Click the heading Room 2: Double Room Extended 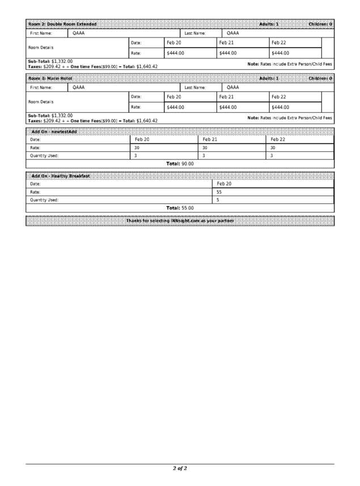62,24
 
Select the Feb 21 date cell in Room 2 226,43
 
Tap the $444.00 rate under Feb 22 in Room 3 280,107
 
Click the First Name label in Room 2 41,33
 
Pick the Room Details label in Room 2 41,48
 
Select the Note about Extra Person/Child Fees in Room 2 290,64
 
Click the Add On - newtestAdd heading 54,132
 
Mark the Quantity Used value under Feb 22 272,155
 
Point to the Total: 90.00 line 180,163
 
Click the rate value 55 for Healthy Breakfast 219,192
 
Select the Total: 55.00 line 180,208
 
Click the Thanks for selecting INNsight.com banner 180,221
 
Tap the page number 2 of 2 180,468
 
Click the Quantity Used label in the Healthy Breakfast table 44,200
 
